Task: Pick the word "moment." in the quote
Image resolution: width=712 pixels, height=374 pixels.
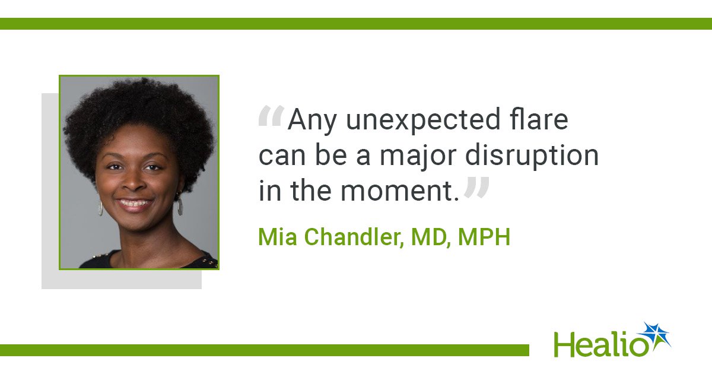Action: point(400,191)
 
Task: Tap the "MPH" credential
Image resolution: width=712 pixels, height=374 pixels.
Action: point(484,236)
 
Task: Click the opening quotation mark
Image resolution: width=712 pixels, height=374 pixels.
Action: point(271,116)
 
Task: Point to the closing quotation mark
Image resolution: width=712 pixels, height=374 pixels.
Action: point(476,188)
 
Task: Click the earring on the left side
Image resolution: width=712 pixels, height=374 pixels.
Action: point(100,208)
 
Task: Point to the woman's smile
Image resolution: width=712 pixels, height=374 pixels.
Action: point(135,204)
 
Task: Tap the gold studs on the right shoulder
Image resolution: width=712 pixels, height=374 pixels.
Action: point(209,262)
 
